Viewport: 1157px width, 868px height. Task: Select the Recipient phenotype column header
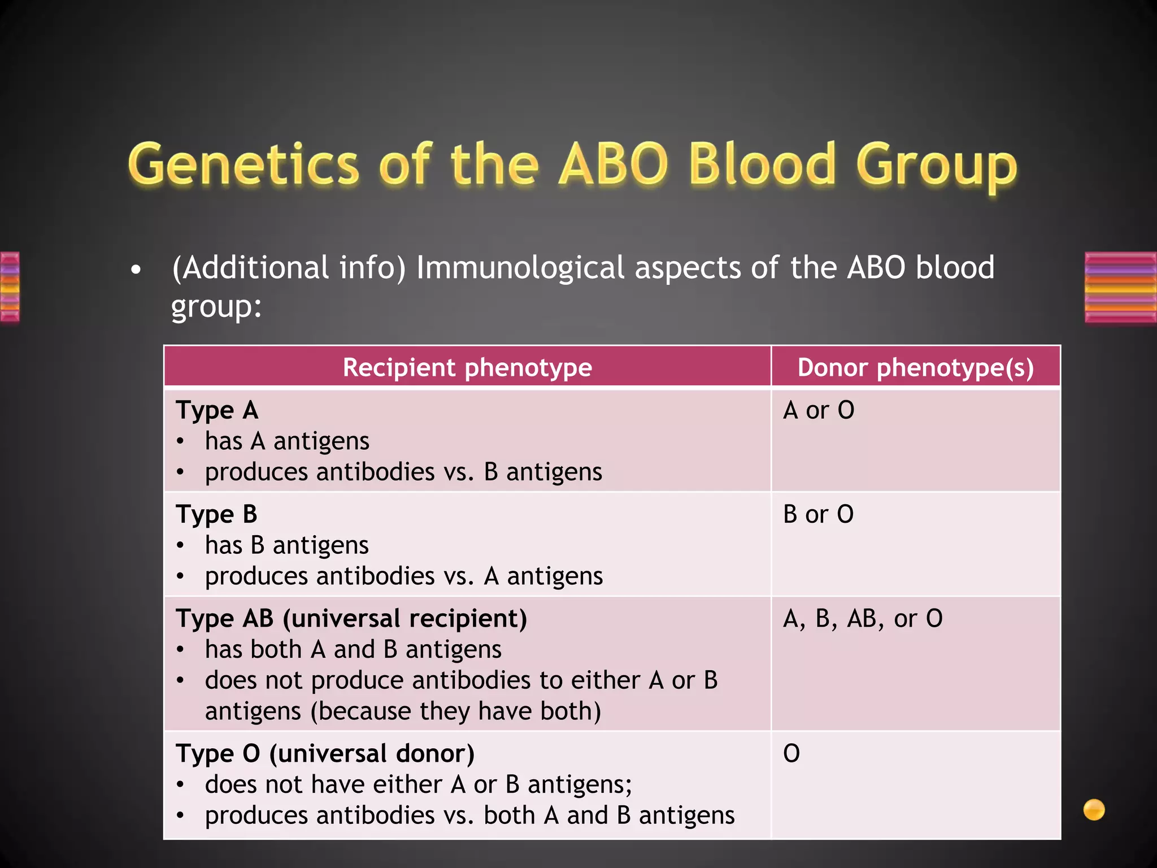point(467,367)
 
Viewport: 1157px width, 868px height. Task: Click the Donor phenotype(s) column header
point(915,367)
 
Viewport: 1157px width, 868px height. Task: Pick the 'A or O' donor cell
point(818,410)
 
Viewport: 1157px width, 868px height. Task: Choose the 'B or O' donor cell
point(818,514)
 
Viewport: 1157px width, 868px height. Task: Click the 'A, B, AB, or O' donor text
point(863,619)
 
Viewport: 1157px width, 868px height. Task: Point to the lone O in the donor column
point(791,753)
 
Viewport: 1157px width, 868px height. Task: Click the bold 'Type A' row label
point(217,410)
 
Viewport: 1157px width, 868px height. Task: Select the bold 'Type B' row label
point(216,514)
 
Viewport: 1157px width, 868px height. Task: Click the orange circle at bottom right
point(1094,809)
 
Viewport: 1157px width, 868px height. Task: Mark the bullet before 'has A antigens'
point(180,441)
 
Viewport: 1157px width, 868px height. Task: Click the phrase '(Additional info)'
point(289,267)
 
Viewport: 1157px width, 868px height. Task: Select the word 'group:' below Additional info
point(216,307)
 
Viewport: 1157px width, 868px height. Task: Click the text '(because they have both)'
point(455,711)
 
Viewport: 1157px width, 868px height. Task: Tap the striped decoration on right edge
point(1120,287)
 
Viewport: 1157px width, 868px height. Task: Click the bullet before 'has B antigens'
point(180,546)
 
